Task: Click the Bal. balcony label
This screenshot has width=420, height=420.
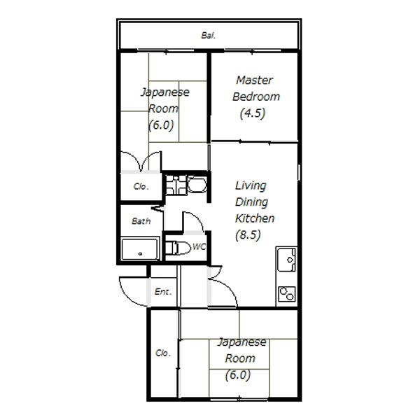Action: coord(209,36)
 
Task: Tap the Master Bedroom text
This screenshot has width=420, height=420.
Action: coord(255,88)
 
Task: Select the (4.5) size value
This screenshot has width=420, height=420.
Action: coord(253,113)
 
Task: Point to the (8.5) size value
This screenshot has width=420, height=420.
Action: coord(248,235)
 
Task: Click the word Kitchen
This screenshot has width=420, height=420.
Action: coord(255,218)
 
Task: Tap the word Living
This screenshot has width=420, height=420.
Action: coord(251,186)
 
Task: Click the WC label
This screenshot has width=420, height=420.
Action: coord(199,246)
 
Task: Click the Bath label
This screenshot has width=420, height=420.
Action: coord(141,221)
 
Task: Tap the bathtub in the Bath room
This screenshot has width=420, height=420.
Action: coord(139,249)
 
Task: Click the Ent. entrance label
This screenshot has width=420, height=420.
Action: coord(163,291)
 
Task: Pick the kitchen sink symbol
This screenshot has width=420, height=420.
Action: coord(286,260)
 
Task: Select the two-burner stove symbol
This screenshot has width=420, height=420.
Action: coord(287,294)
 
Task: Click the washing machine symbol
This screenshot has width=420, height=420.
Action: coord(176,185)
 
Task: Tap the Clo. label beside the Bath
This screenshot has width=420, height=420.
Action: coord(141,186)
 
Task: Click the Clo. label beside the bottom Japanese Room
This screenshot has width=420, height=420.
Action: coord(163,353)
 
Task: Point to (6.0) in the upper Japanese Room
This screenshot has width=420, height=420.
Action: coord(161,125)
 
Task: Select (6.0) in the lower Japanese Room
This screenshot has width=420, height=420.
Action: coord(238,375)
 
